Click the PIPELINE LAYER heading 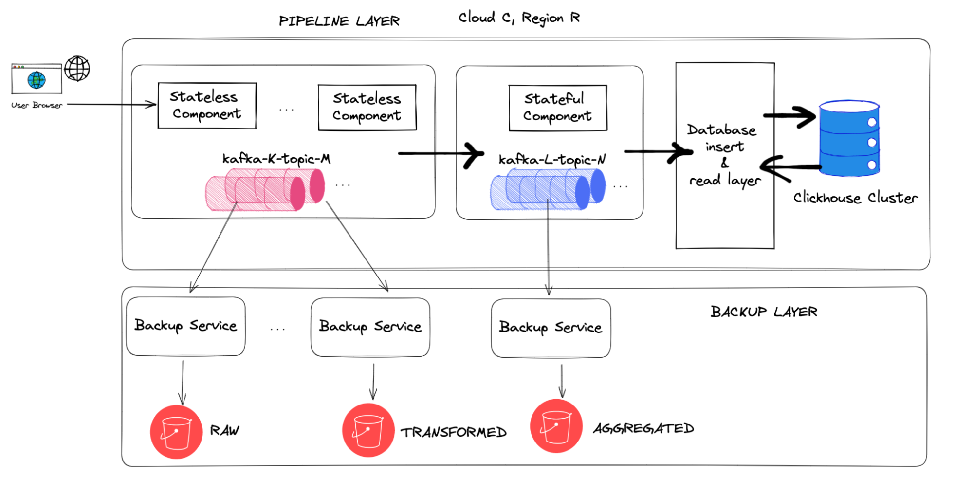tap(339, 21)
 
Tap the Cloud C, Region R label tap(519, 18)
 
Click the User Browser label tap(37, 105)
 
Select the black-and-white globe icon tap(77, 68)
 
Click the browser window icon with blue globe tap(37, 79)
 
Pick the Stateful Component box tap(558, 108)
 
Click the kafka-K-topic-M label tap(276, 159)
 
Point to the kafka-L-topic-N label tap(552, 160)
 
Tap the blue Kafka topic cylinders tap(547, 189)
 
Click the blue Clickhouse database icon tap(849, 138)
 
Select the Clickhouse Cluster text tap(855, 198)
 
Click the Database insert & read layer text tap(724, 155)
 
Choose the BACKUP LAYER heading tap(764, 312)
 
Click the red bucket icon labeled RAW tap(176, 432)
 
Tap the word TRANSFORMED tap(453, 432)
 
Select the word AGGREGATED tap(643, 428)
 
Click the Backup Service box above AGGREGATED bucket tap(551, 328)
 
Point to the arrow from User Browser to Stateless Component tap(112, 104)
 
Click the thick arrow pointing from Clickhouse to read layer tap(789, 167)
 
